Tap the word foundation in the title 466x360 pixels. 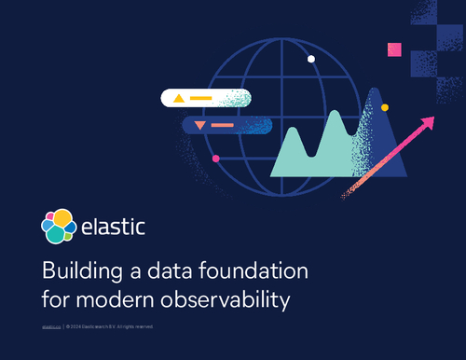(x=257, y=273)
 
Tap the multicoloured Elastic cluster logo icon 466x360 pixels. (x=59, y=226)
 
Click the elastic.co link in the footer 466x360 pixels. (x=50, y=326)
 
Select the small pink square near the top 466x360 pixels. (x=394, y=49)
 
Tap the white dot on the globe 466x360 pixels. (x=311, y=59)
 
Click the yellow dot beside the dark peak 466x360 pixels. (x=385, y=107)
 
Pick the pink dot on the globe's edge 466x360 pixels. (x=216, y=159)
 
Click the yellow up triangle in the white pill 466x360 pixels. (x=177, y=97)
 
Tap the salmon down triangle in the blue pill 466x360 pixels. (x=199, y=125)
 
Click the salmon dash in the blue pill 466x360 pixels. (x=223, y=125)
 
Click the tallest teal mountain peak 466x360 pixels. (x=334, y=112)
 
